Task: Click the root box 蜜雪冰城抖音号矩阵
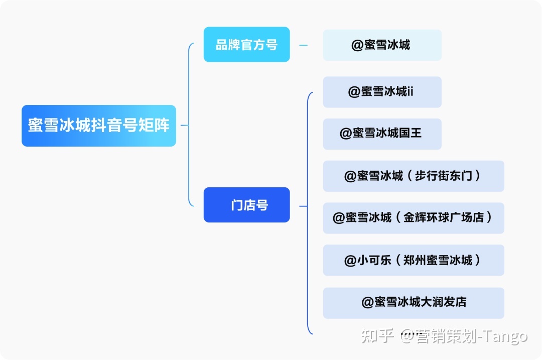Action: click(98, 126)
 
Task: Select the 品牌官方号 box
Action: click(246, 45)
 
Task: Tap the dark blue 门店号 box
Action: click(246, 205)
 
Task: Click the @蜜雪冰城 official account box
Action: click(382, 45)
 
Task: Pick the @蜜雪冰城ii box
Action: click(382, 92)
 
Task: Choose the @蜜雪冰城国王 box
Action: click(382, 134)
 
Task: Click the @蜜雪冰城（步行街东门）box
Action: click(413, 176)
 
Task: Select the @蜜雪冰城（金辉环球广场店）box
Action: click(413, 218)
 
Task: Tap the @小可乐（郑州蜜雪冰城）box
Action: click(413, 260)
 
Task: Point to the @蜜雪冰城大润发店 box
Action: click(413, 302)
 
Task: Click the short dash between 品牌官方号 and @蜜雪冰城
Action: click(303, 45)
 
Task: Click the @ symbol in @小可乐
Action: click(350, 261)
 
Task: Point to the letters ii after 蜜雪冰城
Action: click(410, 92)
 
